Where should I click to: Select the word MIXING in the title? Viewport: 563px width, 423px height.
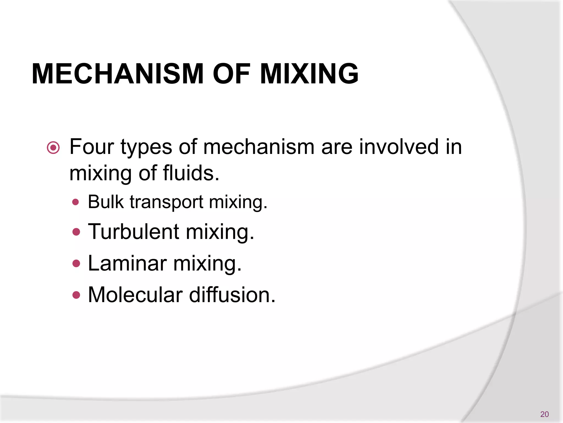point(309,74)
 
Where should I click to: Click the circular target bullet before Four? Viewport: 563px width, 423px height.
point(53,148)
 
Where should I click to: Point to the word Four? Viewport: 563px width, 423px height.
point(92,147)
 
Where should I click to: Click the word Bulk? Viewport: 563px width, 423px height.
point(106,202)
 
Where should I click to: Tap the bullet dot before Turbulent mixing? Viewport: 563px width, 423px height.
point(76,232)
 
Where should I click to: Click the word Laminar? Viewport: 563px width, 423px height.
point(127,263)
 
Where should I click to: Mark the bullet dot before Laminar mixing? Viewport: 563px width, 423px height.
point(76,264)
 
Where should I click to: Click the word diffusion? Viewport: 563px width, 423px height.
point(232,295)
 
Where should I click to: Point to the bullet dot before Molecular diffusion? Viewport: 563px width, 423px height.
point(76,295)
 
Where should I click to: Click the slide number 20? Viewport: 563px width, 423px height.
point(544,414)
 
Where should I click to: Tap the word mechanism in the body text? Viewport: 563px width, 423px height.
point(259,147)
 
